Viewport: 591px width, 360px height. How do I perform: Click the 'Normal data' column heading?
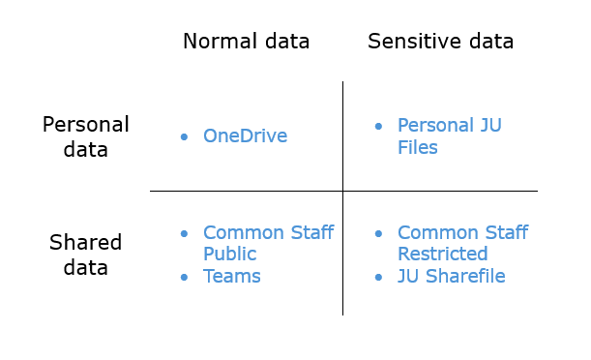[x=246, y=42]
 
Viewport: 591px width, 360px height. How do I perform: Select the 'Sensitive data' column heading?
[x=440, y=42]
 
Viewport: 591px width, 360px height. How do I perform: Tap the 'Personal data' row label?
[x=86, y=137]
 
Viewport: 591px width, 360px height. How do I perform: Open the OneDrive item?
[x=245, y=136]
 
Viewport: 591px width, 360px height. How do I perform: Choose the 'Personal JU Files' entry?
[x=450, y=136]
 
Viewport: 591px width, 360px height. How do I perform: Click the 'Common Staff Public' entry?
[x=268, y=243]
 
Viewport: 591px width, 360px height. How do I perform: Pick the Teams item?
[x=231, y=277]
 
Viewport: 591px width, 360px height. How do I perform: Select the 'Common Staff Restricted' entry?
[x=462, y=243]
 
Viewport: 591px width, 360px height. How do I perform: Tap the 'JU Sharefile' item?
[x=451, y=277]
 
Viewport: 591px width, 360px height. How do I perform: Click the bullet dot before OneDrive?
[x=184, y=137]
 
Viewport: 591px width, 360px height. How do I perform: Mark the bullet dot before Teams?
[x=184, y=278]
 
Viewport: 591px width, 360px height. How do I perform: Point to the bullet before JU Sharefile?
[x=378, y=278]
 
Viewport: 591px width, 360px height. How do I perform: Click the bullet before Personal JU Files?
[x=378, y=127]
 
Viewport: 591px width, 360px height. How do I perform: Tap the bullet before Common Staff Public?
[x=184, y=234]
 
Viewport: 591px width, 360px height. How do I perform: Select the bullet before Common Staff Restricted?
[x=378, y=234]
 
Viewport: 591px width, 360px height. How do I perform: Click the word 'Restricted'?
[x=442, y=255]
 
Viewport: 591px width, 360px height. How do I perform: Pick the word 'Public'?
[x=229, y=255]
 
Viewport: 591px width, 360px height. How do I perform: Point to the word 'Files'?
[x=418, y=148]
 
